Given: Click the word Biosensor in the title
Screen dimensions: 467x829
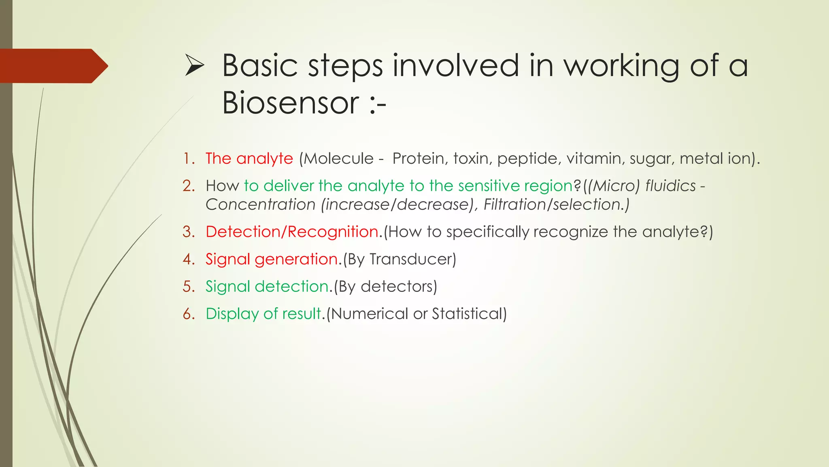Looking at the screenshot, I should pyautogui.click(x=290, y=103).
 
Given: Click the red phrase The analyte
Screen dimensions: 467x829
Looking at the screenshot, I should pyautogui.click(x=249, y=159).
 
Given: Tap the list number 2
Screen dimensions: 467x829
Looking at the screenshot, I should pyautogui.click(x=189, y=186).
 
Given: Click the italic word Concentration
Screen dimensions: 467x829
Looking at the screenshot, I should pyautogui.click(x=260, y=204).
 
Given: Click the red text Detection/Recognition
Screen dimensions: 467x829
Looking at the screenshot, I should pyautogui.click(x=292, y=232).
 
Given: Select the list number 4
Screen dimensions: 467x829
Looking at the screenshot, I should pyautogui.click(x=189, y=259).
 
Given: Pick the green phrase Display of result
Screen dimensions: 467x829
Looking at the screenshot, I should pyautogui.click(x=263, y=314).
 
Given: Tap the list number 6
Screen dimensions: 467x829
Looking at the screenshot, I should pyautogui.click(x=189, y=314).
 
